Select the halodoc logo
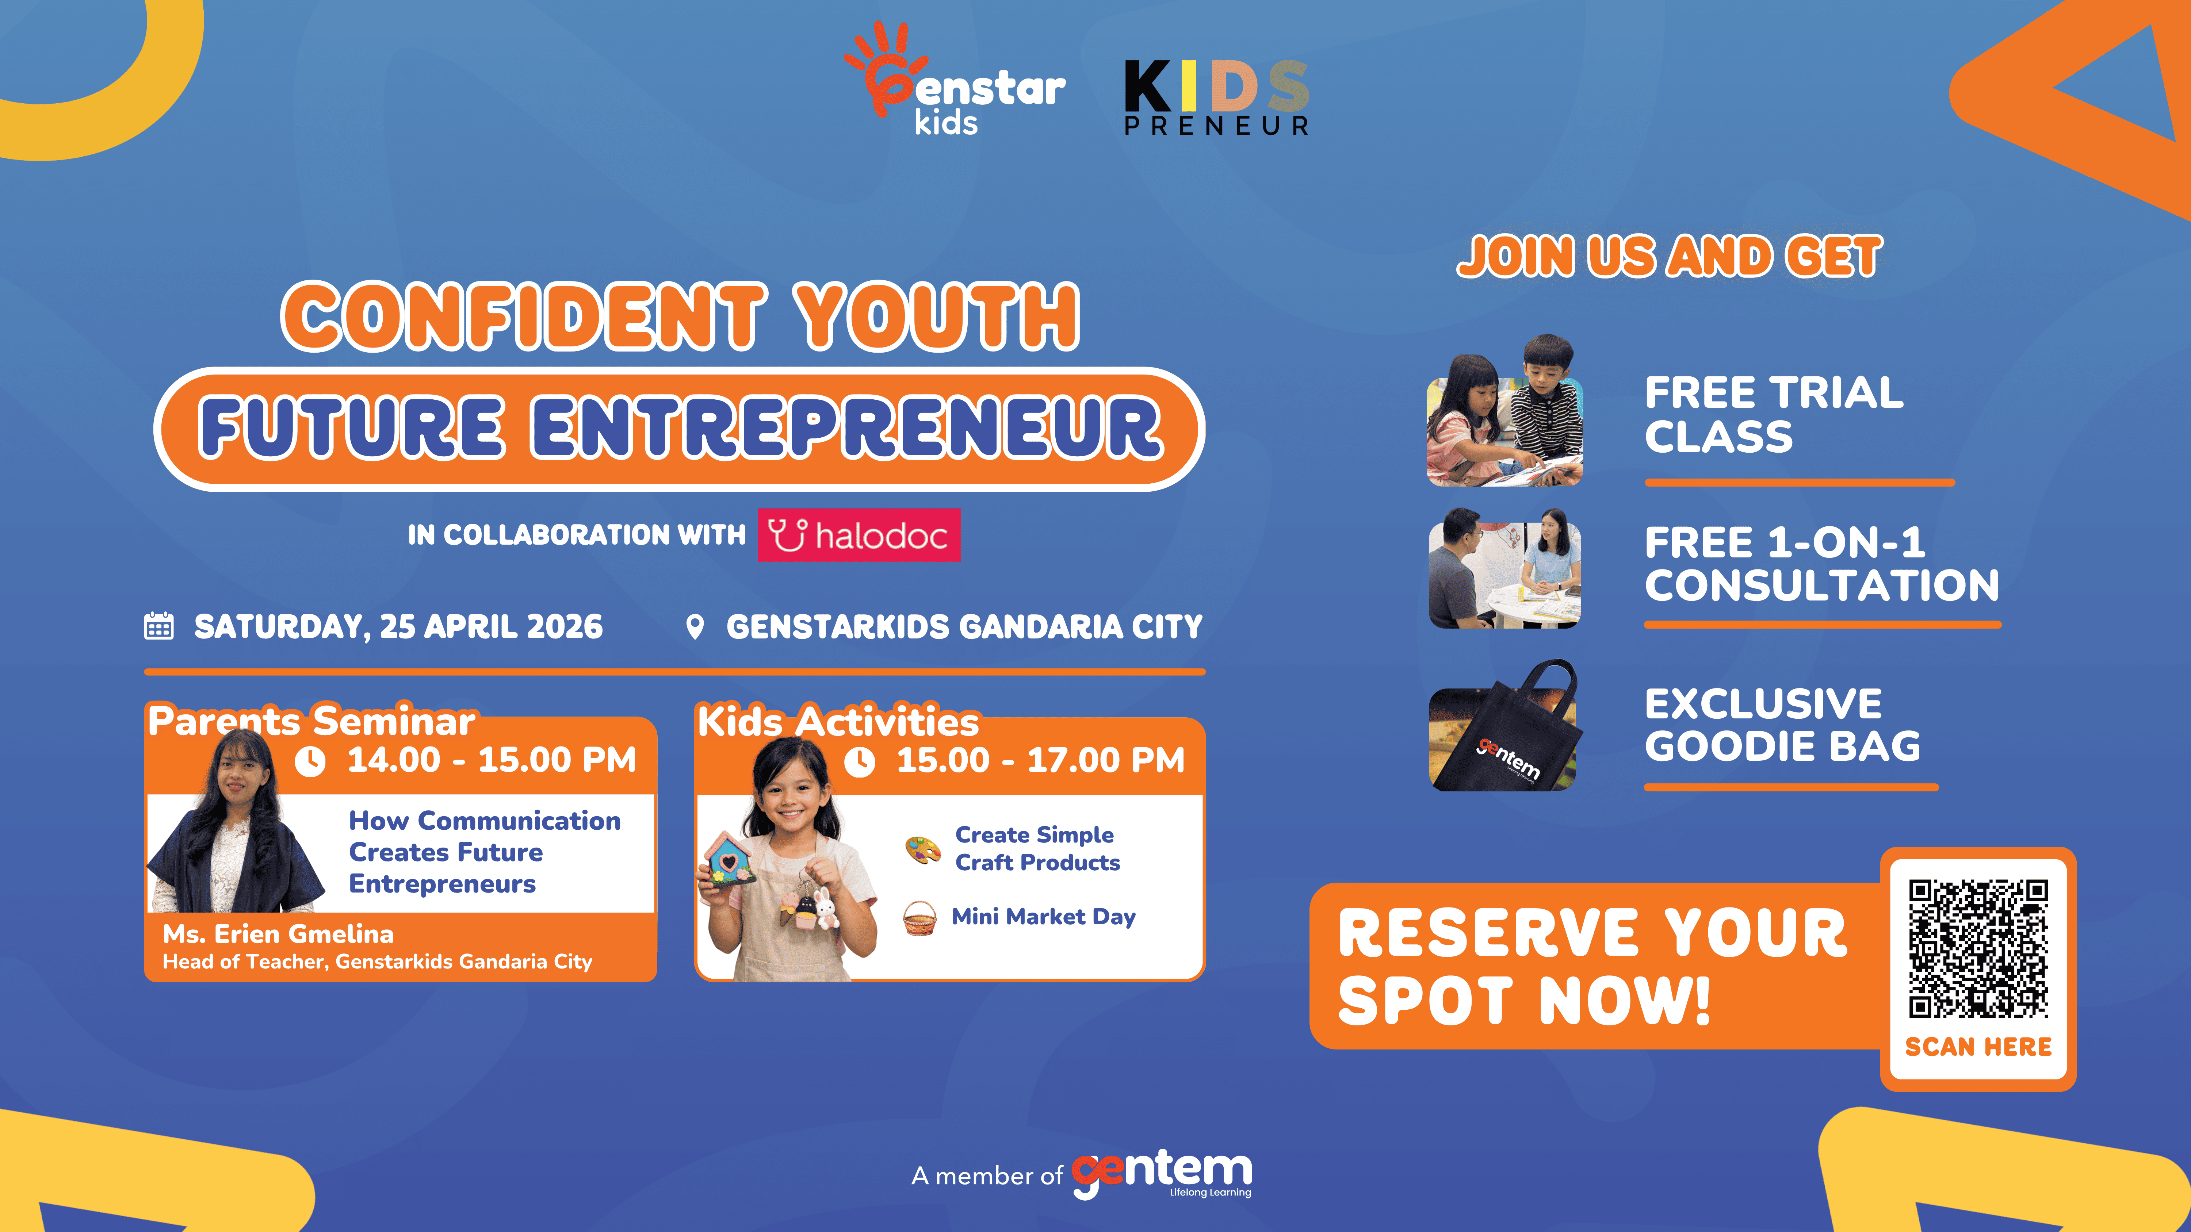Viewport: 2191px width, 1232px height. (859, 535)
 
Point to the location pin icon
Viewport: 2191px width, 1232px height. (695, 627)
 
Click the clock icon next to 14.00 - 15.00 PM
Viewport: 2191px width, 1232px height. (310, 761)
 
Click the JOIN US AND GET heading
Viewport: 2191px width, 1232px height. (1670, 257)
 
